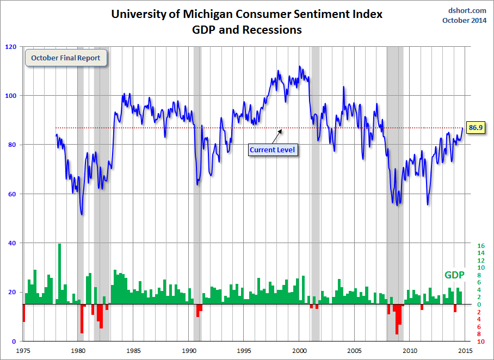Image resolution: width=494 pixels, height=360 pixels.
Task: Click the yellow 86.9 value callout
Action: point(476,127)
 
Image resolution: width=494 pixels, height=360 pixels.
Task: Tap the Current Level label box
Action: point(273,149)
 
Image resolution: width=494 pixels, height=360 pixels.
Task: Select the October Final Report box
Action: point(66,58)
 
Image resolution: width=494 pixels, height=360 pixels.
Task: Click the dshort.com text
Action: point(467,10)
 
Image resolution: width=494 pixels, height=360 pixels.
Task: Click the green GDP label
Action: point(454,275)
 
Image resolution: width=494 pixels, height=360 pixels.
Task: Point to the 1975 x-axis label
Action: point(23,351)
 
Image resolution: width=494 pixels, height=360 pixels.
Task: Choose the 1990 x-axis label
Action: point(189,351)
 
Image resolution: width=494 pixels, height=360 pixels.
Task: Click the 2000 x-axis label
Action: point(300,351)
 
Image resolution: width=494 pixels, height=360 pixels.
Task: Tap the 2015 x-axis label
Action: point(466,351)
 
